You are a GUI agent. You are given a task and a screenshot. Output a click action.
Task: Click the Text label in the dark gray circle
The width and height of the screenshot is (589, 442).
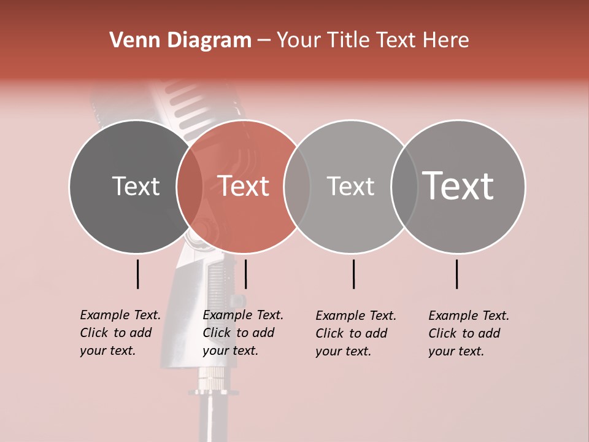[x=136, y=186]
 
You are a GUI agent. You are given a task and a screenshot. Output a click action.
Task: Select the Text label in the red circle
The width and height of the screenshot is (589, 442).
[x=244, y=186]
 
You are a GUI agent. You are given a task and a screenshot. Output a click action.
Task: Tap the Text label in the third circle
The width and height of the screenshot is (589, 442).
[x=350, y=186]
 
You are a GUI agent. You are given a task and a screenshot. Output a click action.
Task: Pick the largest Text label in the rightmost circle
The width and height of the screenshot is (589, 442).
[x=458, y=185]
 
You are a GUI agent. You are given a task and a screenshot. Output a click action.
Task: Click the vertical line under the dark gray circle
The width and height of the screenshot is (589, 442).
[x=137, y=274]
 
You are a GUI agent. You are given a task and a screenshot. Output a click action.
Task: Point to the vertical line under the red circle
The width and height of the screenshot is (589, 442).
[x=245, y=274]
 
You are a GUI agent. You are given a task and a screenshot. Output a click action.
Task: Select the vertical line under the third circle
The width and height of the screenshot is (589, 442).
[x=353, y=274]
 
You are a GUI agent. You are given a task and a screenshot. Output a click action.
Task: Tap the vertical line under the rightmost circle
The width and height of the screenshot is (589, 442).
[x=456, y=274]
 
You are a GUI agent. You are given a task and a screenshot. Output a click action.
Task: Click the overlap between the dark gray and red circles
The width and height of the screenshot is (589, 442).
[x=190, y=187]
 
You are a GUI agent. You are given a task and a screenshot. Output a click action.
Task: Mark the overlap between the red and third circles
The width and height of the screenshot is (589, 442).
[x=297, y=187]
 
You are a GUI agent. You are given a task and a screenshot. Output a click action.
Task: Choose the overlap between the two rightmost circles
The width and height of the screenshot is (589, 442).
[x=404, y=187]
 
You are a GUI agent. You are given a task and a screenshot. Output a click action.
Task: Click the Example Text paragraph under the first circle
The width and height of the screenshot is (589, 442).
[x=120, y=333]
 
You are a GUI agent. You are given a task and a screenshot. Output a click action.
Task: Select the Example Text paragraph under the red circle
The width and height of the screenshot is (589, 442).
[x=243, y=333]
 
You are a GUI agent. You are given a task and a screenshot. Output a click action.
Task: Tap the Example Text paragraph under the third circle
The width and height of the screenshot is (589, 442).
[x=356, y=333]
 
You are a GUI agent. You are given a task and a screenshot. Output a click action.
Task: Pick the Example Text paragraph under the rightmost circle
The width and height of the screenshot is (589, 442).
[x=469, y=333]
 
